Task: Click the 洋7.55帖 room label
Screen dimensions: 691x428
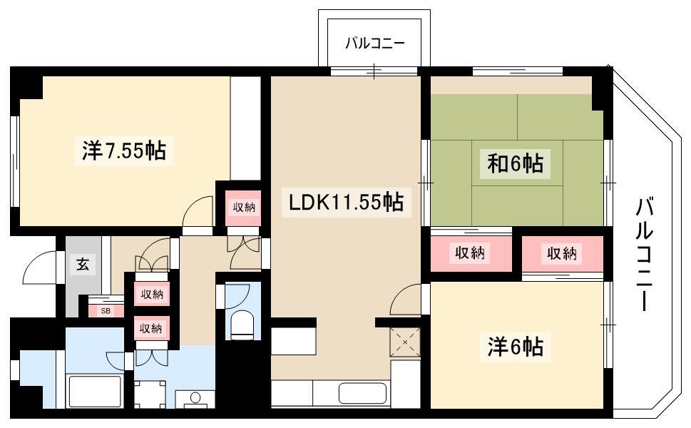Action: pyautogui.click(x=124, y=151)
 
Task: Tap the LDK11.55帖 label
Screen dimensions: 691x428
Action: pyautogui.click(x=346, y=203)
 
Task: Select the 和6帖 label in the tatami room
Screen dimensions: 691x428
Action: pyautogui.click(x=515, y=163)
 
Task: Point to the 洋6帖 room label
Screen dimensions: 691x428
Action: pyautogui.click(x=515, y=346)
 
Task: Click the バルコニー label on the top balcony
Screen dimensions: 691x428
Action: pyautogui.click(x=374, y=44)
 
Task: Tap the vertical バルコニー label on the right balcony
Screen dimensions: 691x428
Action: pyautogui.click(x=644, y=255)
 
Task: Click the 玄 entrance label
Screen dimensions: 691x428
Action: pyautogui.click(x=83, y=265)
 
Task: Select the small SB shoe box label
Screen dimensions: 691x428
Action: pyautogui.click(x=106, y=311)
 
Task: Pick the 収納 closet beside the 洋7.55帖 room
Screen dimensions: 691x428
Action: pyautogui.click(x=244, y=207)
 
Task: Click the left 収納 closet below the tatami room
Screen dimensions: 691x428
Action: pyautogui.click(x=471, y=253)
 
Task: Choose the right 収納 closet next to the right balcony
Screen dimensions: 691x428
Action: pyautogui.click(x=563, y=253)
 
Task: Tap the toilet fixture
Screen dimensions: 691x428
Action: pyautogui.click(x=242, y=324)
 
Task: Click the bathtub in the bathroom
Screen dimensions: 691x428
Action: pyautogui.click(x=95, y=392)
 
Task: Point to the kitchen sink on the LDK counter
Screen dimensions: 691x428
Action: pyautogui.click(x=363, y=393)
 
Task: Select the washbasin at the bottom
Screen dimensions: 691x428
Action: pyautogui.click(x=195, y=399)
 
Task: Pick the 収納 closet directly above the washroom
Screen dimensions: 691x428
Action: pyautogui.click(x=151, y=329)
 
